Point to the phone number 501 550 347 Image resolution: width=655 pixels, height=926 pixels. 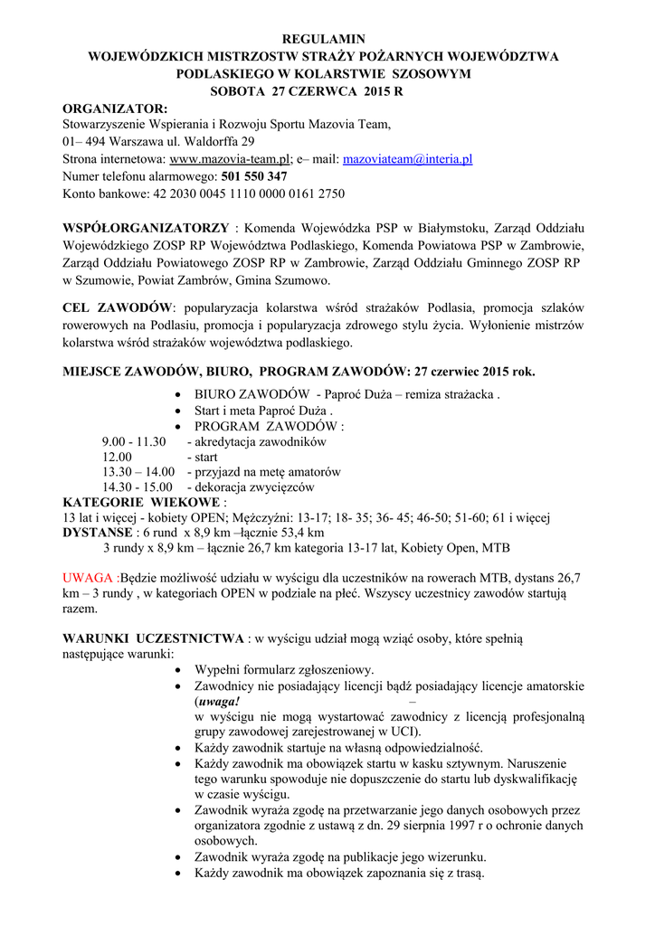click(254, 176)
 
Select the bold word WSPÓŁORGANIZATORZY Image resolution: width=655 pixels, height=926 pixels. click(146, 227)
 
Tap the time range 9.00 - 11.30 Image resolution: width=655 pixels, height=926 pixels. click(134, 442)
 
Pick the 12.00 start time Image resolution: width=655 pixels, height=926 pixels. click(117, 458)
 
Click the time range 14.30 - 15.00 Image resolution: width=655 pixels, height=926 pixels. click(138, 487)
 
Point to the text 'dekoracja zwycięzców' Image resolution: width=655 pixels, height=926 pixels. click(256, 487)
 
